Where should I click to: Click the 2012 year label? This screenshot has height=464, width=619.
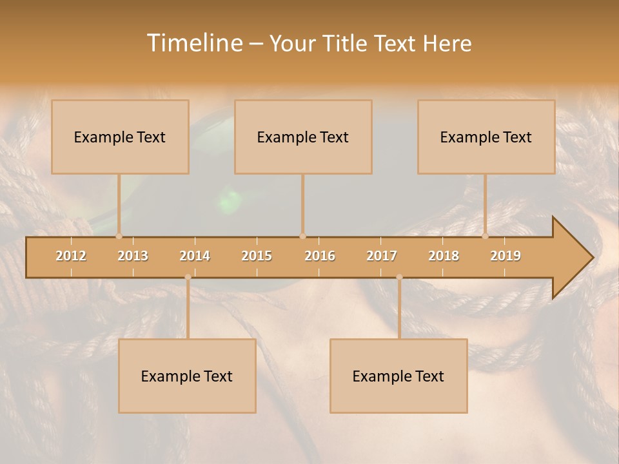point(71,256)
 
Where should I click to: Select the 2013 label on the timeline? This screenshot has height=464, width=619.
point(133,256)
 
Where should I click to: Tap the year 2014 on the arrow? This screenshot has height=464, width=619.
point(195,256)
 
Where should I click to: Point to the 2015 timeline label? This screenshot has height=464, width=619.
point(257,256)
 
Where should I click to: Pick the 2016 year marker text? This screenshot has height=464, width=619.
point(320,256)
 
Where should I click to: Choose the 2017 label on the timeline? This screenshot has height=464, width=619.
point(382,256)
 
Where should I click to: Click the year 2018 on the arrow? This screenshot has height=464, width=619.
point(444,256)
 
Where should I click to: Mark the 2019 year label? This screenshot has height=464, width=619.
point(506,256)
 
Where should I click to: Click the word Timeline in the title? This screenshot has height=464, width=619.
point(194,43)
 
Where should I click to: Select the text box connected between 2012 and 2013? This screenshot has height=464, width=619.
point(120,137)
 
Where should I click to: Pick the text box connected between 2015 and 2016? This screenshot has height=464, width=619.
point(303,137)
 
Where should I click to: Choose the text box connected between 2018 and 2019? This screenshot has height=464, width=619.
point(486,137)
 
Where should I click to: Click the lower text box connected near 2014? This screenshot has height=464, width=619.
point(187,376)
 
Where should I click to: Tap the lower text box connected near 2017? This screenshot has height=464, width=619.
point(398,376)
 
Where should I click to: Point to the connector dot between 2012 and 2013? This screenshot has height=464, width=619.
point(119,237)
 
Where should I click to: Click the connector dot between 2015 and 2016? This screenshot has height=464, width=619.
point(302,237)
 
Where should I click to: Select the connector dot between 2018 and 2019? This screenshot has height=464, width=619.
point(485,237)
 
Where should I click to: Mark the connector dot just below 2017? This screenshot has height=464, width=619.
point(399,277)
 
